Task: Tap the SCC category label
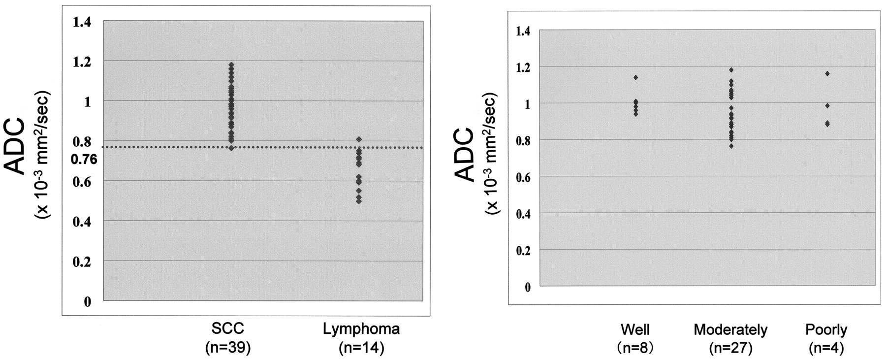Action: tap(228, 329)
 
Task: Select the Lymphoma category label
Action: tap(361, 329)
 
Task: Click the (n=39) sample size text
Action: tap(228, 348)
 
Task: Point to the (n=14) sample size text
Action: tap(361, 348)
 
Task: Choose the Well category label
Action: tap(635, 329)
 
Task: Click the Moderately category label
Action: tap(731, 329)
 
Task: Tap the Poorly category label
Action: tap(826, 329)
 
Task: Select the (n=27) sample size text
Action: tap(731, 348)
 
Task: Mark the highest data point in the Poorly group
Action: tap(827, 74)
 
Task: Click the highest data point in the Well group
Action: tap(636, 77)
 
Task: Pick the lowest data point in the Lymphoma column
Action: tap(359, 201)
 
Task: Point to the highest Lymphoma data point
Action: tap(359, 139)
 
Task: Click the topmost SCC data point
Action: tap(231, 64)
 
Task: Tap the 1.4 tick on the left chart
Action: tap(82, 22)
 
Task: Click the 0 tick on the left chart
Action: tap(87, 301)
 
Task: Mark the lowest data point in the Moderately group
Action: tap(731, 146)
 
